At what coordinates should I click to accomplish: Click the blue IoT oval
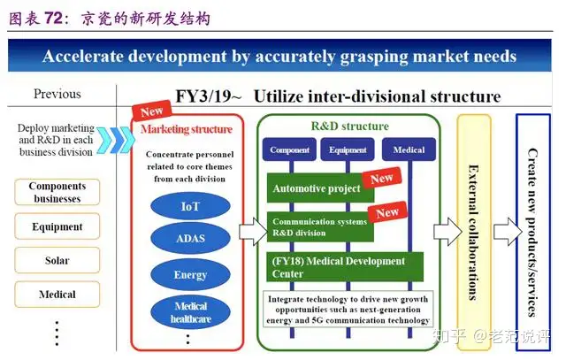(x=190, y=206)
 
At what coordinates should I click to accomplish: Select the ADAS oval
(x=190, y=238)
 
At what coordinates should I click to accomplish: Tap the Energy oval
(x=190, y=274)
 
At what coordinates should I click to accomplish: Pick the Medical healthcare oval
(x=190, y=312)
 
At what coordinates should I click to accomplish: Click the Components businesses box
(x=57, y=192)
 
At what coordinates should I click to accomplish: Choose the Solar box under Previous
(x=57, y=260)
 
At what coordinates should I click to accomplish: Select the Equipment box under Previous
(x=57, y=226)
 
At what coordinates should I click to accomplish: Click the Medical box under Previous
(x=57, y=295)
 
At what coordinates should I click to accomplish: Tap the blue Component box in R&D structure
(x=289, y=149)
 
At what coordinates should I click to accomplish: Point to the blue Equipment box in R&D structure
(x=348, y=149)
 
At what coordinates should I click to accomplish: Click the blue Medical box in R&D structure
(x=409, y=149)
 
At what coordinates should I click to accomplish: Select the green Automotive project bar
(x=320, y=188)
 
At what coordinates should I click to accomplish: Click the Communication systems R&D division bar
(x=320, y=226)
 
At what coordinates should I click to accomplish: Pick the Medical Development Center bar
(x=345, y=267)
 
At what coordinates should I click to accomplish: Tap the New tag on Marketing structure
(x=151, y=111)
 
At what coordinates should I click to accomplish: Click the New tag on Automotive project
(x=381, y=178)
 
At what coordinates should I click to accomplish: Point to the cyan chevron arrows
(x=115, y=140)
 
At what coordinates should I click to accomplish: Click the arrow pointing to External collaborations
(x=447, y=232)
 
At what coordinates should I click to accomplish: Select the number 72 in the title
(x=54, y=18)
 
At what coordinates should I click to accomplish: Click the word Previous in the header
(x=57, y=94)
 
